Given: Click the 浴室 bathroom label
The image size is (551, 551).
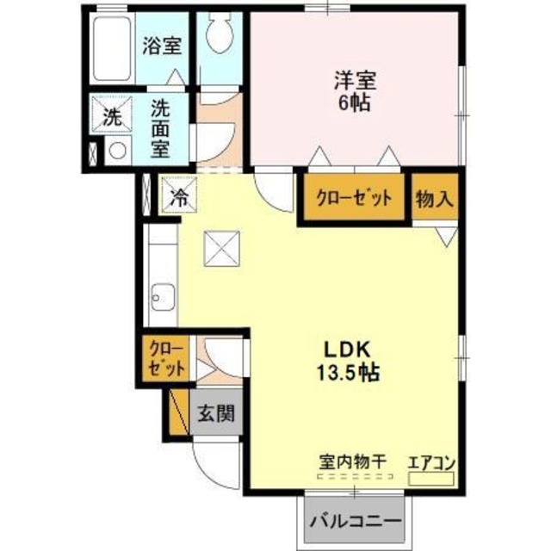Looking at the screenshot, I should point(161,45).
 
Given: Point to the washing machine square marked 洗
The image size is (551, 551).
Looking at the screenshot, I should point(113,117).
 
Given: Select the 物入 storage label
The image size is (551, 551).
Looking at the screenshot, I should point(433,198).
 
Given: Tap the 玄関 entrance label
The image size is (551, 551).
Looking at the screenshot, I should point(214,412).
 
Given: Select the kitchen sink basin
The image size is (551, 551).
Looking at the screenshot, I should point(161,300).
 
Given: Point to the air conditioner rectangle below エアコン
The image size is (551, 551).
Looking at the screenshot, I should point(430,476).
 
